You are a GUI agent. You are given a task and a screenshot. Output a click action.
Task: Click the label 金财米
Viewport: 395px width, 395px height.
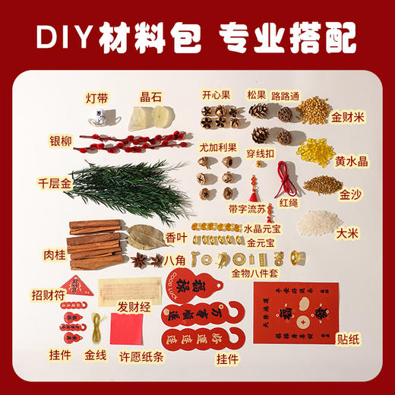[348, 118]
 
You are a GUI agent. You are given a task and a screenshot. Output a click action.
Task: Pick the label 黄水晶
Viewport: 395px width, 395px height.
[349, 161]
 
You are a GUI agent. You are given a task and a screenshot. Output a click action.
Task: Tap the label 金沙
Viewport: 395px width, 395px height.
[349, 195]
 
